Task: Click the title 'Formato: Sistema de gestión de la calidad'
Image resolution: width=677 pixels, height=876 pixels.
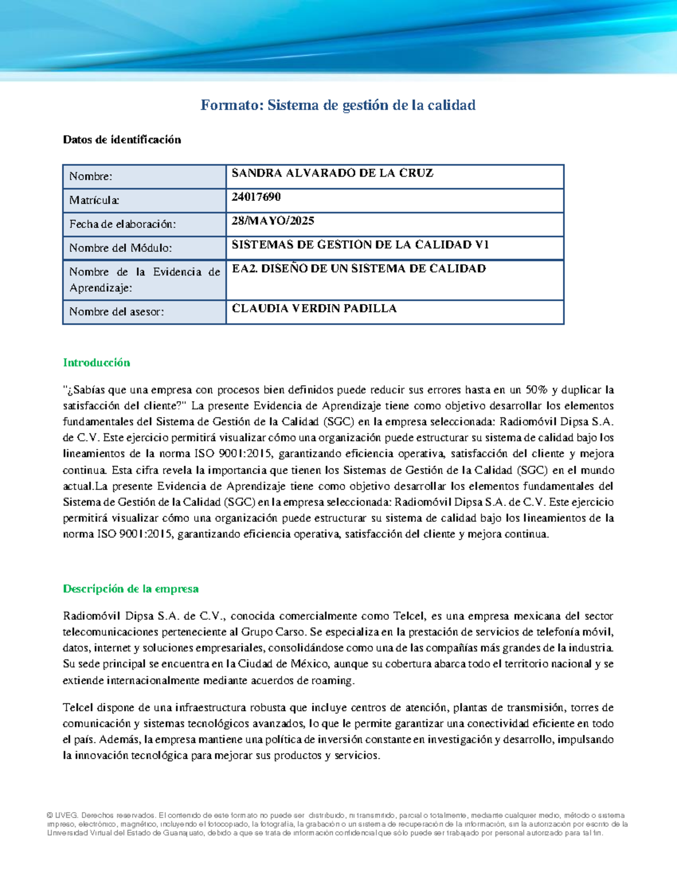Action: pos(338,105)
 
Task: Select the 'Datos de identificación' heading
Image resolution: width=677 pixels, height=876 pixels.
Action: pos(122,140)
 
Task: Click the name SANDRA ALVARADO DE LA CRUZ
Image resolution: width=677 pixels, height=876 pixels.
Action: pos(332,173)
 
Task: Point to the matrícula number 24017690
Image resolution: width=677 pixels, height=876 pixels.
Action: pos(256,197)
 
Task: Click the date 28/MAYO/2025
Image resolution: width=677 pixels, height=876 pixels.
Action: pos(273,221)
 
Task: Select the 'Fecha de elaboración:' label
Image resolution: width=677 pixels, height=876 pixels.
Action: pos(122,224)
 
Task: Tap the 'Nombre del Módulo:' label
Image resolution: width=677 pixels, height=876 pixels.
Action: pos(120,248)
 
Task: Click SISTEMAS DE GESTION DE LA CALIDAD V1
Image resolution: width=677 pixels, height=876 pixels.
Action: pos(360,244)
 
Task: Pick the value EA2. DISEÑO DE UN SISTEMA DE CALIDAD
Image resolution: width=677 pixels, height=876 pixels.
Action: pos(359,268)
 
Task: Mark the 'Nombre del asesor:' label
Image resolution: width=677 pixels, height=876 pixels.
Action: pos(116,311)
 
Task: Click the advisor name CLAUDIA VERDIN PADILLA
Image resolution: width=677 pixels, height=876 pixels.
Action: pos(314,309)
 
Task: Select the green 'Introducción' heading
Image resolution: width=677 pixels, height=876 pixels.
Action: pos(96,363)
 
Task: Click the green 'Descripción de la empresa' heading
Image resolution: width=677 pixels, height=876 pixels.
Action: pos(130,589)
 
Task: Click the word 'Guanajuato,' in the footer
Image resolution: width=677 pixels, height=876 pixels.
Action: pos(186,833)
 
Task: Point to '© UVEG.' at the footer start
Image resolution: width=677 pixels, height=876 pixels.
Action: pos(63,815)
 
